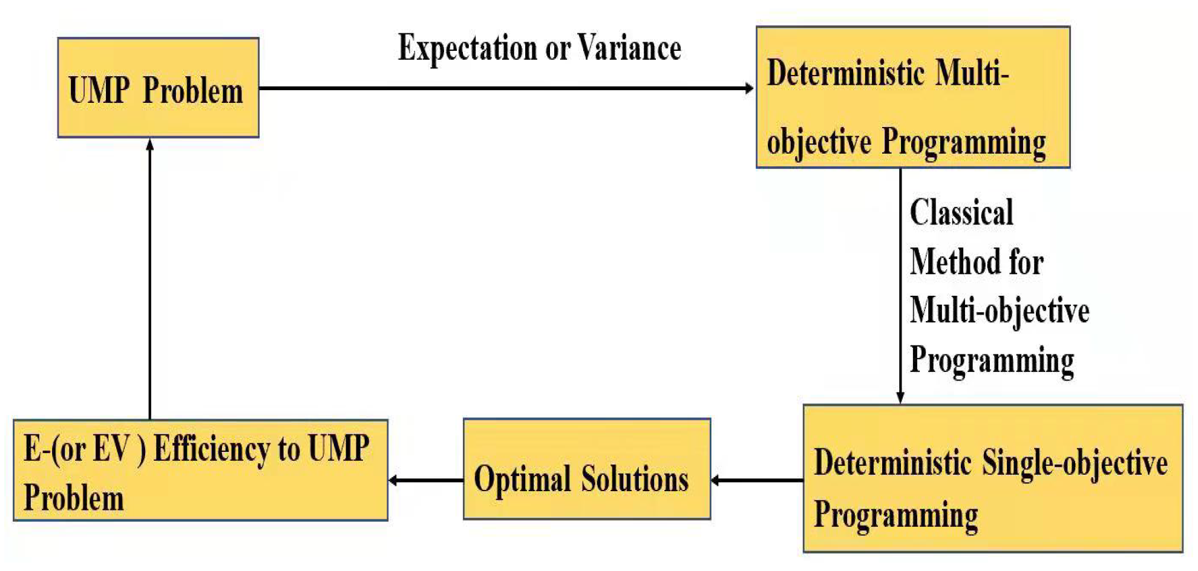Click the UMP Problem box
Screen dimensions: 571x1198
click(158, 88)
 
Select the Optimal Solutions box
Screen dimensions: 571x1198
click(586, 469)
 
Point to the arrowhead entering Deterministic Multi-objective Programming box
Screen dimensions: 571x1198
click(749, 88)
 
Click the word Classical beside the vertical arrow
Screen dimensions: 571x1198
click(961, 213)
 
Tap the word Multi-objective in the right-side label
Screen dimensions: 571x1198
click(999, 311)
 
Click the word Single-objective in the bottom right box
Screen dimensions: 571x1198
click(1075, 463)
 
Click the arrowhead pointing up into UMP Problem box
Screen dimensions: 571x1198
click(150, 145)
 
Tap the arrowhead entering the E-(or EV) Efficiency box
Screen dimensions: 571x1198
click(394, 480)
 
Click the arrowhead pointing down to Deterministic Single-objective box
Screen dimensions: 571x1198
click(900, 397)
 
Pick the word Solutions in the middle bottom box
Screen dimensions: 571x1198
click(635, 480)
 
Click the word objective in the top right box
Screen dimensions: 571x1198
click(819, 143)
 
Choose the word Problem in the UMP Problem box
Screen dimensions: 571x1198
click(192, 91)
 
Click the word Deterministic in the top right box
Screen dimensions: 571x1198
click(845, 73)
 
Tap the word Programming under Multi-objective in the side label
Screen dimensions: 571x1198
click(991, 361)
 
